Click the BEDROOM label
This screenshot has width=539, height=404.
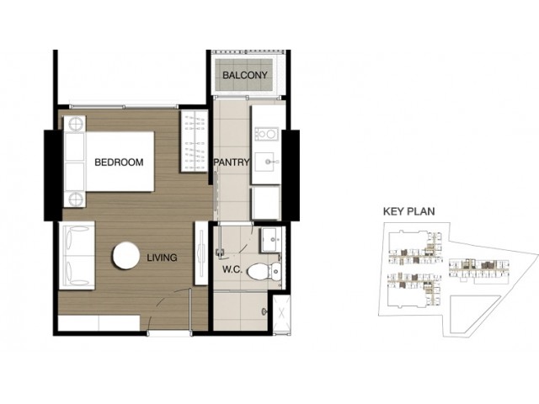click(119, 162)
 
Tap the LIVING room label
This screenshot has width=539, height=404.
click(162, 258)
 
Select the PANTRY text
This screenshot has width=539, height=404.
click(232, 162)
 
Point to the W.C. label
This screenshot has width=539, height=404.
click(232, 269)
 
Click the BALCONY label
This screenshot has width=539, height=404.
click(245, 75)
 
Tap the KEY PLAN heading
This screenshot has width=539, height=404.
click(408, 211)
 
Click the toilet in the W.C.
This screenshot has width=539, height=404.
click(264, 271)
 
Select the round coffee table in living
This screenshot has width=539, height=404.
click(125, 256)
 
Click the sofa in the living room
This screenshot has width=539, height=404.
click(77, 256)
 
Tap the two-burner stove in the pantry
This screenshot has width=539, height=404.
click(266, 134)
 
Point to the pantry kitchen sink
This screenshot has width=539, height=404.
click(268, 161)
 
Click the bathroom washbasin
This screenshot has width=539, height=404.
click(270, 239)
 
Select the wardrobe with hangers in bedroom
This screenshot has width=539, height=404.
click(195, 141)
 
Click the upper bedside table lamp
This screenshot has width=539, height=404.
click(76, 124)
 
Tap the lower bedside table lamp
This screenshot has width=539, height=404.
click(76, 199)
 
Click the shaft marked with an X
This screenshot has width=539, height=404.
click(282, 313)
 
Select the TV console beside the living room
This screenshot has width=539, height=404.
click(201, 253)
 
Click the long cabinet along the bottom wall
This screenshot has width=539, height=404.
click(99, 323)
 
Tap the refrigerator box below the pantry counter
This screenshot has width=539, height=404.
click(266, 203)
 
